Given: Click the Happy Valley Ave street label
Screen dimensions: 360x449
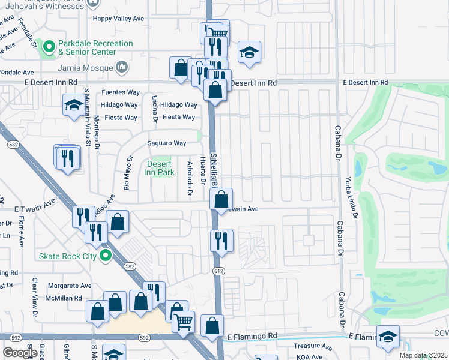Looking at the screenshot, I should [x=118, y=19].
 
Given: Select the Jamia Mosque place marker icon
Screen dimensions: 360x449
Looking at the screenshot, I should [x=121, y=67].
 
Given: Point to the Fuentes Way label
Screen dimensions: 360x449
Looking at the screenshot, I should [x=120, y=92].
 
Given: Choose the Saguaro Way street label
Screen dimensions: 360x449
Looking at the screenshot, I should [x=167, y=143].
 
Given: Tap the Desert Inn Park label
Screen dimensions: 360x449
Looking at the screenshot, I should [x=158, y=168].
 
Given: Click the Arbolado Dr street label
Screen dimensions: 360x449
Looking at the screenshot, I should [x=189, y=178].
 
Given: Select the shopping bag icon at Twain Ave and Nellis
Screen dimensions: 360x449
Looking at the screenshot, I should [x=221, y=199].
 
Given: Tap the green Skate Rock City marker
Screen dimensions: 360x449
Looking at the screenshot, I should [x=106, y=256].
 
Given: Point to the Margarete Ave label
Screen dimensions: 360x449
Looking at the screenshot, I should [x=70, y=286].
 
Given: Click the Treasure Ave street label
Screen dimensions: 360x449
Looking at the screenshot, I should [x=313, y=347].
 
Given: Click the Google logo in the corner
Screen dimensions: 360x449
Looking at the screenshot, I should [x=20, y=353].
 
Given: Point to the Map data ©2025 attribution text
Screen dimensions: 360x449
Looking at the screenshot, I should [x=424, y=356].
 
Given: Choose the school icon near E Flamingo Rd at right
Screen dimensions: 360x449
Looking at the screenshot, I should [x=388, y=337].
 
